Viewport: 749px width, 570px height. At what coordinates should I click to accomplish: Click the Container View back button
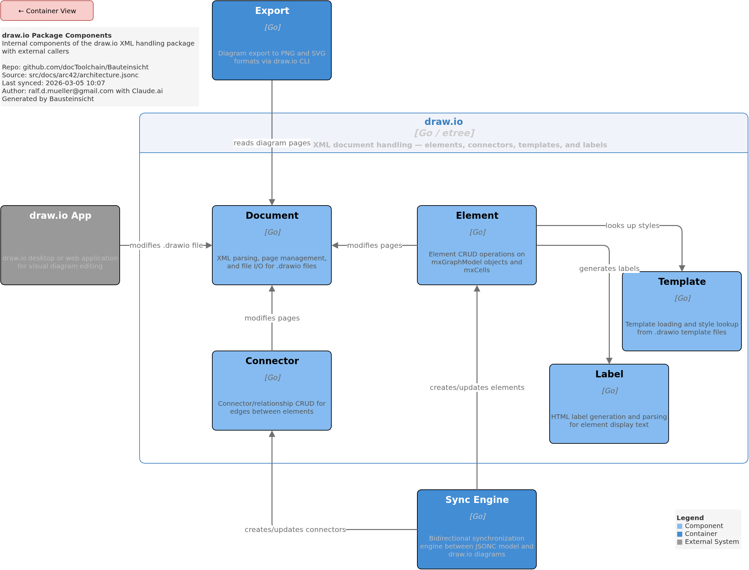(47, 11)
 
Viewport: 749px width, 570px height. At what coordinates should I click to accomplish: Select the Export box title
(272, 11)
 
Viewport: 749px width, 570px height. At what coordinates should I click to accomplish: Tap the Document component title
(272, 216)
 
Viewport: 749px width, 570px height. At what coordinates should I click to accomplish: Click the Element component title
(477, 216)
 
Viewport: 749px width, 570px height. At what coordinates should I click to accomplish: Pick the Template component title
(682, 282)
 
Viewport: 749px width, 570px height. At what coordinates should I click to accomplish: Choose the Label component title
(609, 375)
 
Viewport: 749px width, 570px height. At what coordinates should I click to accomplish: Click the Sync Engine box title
(477, 500)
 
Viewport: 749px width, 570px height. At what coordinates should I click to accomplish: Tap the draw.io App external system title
(61, 216)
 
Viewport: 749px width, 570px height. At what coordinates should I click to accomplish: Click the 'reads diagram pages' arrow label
(272, 143)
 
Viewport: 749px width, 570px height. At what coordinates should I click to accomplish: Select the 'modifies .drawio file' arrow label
(166, 246)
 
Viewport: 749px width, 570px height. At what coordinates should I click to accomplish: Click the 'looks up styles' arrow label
(633, 226)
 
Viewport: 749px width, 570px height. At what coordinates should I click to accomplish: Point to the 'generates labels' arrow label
(609, 269)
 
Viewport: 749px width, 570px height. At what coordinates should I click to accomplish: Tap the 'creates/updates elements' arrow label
(477, 388)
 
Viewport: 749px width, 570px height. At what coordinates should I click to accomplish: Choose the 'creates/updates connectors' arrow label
(295, 530)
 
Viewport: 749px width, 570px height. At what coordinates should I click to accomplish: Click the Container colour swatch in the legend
(680, 534)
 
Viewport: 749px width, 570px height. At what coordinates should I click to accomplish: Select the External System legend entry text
(712, 542)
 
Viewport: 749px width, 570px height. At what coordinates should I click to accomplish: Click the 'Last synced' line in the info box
(54, 83)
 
